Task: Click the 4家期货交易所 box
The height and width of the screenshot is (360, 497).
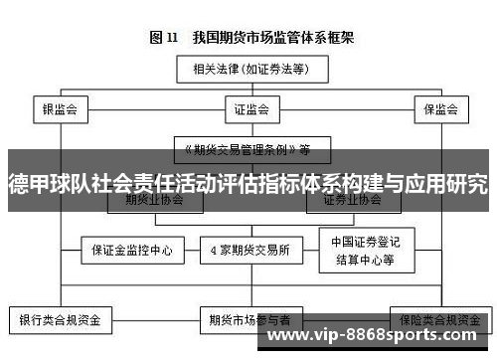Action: point(250,251)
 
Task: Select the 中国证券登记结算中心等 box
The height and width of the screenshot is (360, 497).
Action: point(363,251)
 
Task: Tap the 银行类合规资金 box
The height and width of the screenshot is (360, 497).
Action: point(61,320)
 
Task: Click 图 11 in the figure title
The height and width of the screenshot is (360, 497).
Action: point(163,39)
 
